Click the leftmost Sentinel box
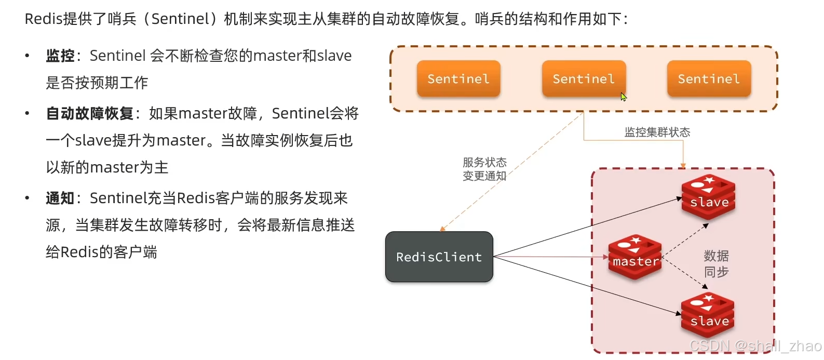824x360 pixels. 458,79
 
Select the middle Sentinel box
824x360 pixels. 583,79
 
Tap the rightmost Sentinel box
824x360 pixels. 709,79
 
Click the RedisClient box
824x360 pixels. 439,257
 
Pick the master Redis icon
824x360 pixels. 635,257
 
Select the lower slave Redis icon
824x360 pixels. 708,314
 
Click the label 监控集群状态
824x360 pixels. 657,132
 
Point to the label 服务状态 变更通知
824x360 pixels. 484,169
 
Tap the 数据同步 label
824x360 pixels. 716,263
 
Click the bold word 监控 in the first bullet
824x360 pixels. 60,56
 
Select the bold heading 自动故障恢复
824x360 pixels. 90,113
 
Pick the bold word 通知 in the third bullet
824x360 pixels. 60,198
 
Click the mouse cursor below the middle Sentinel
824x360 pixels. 623,97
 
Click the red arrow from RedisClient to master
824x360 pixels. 550,257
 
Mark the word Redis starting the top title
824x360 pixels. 43,19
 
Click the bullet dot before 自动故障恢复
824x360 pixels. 27,113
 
